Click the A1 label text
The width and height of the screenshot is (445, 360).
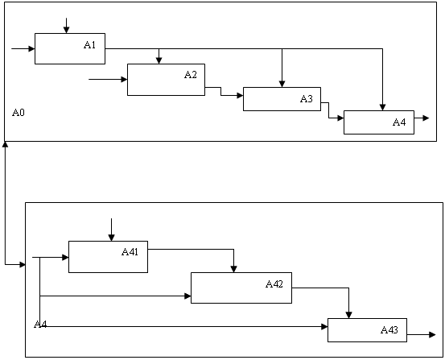tap(89, 45)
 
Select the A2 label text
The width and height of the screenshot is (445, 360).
tap(191, 75)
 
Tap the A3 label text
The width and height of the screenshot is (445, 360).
tap(307, 99)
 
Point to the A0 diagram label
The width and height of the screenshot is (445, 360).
tap(19, 113)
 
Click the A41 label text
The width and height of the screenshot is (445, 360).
tap(130, 252)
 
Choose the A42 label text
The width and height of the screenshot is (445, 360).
tap(274, 283)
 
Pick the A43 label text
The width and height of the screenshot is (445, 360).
tap(389, 330)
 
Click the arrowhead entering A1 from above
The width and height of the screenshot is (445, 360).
tap(67, 30)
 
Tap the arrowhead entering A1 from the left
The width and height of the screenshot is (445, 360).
tap(31, 49)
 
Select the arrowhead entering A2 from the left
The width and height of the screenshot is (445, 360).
tap(124, 79)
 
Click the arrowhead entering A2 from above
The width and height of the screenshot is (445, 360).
tap(159, 60)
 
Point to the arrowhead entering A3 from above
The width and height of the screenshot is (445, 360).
tap(282, 84)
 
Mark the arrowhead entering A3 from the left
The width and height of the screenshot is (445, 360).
tap(240, 96)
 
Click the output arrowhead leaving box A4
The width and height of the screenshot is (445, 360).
tap(426, 118)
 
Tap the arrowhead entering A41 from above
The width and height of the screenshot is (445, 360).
tap(112, 238)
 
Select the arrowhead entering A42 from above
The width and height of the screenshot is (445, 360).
tap(233, 269)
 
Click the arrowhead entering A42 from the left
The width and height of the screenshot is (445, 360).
tap(187, 296)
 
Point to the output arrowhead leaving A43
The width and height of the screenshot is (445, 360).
tap(432, 335)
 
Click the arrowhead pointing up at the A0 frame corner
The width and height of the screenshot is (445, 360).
tap(5, 145)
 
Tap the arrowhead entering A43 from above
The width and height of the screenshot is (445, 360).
tap(348, 315)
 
